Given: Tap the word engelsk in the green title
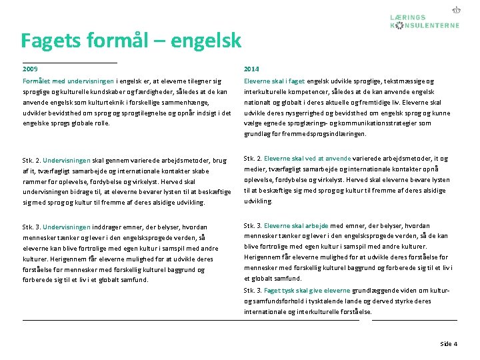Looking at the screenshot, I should click(206, 41).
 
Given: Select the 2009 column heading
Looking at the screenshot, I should click(30, 69).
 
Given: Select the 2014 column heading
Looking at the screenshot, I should click(251, 69).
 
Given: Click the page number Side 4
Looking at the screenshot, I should click(449, 344).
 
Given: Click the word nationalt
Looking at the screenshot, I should click(258, 102).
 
